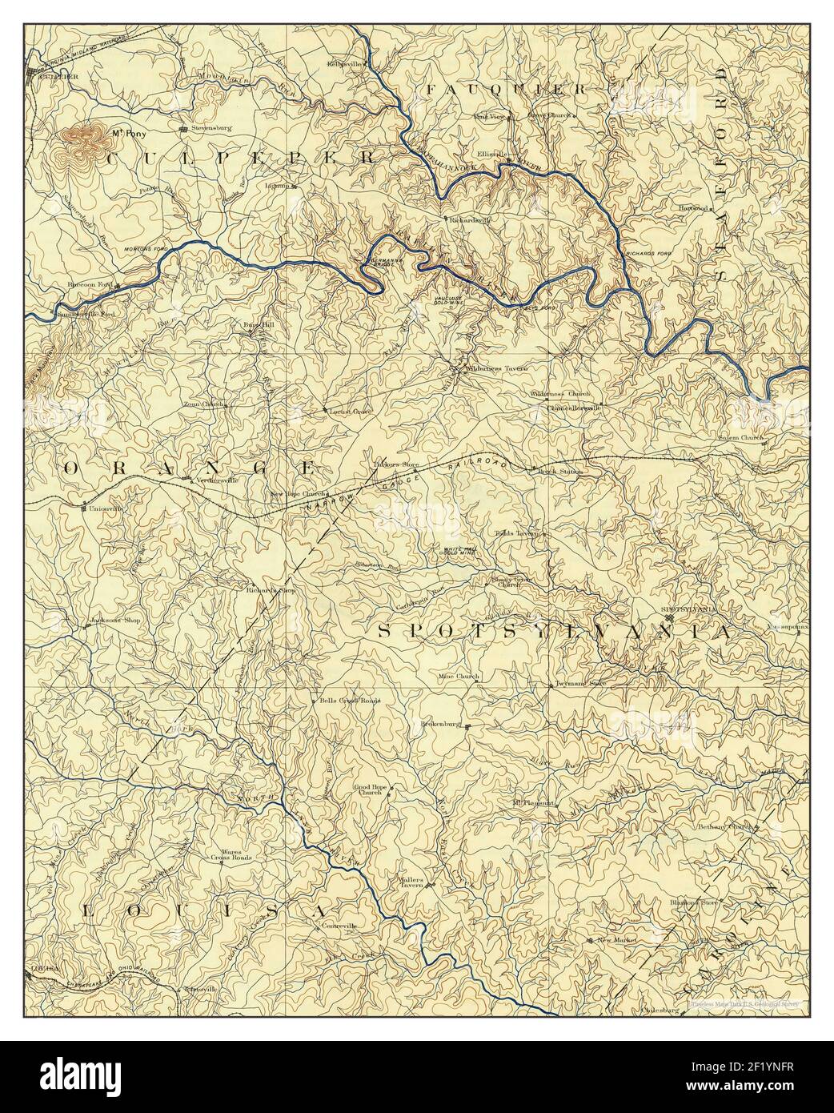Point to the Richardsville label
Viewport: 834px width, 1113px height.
(470, 218)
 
